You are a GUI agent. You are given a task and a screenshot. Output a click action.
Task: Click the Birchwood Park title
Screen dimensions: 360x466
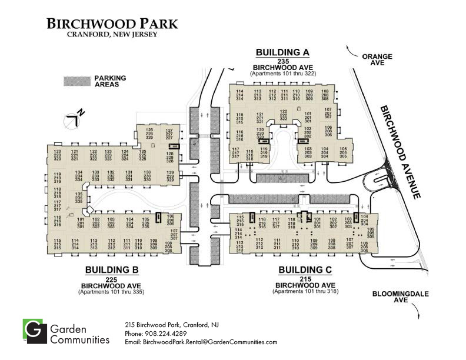coord(112,24)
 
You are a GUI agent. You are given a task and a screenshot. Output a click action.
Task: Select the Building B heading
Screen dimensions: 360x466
coord(111,270)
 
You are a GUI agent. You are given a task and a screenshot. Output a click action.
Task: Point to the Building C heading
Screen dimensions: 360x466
coord(305,270)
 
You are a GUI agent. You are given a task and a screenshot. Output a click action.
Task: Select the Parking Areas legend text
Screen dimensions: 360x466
coord(110,81)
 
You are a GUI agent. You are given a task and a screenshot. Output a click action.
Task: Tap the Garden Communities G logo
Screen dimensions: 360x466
coord(34,332)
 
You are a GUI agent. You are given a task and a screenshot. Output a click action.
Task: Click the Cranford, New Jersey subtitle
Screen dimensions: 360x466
coord(111,35)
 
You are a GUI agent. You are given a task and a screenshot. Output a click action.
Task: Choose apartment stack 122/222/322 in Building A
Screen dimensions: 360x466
coord(283,115)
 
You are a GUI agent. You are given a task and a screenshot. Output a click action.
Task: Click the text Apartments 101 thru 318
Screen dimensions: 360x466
coord(305,291)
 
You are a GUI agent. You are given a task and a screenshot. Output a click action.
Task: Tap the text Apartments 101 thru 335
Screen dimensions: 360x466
coord(111,291)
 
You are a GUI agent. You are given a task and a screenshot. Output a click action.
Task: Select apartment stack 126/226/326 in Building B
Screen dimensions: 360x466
coord(149,133)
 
